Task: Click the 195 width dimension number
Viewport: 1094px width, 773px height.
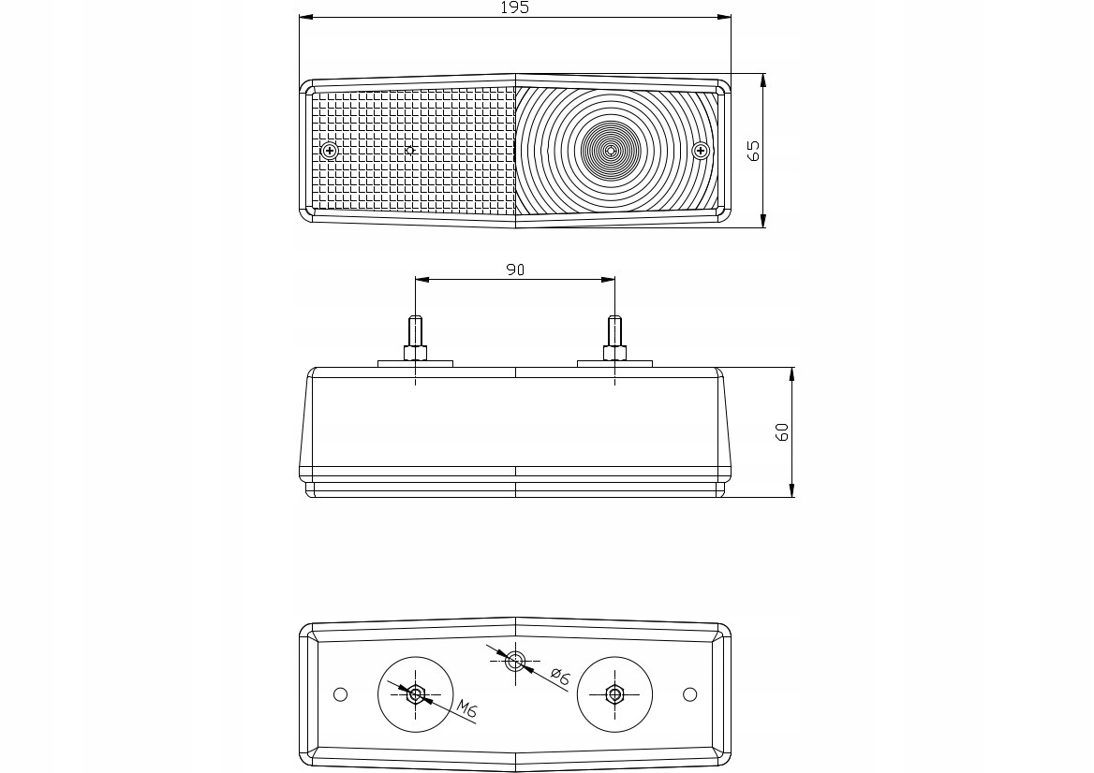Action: [x=514, y=7]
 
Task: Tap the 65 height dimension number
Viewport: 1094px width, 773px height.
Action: [x=753, y=151]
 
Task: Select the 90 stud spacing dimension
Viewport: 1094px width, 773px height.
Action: [x=514, y=270]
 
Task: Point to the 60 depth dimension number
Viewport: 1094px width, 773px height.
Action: [x=782, y=431]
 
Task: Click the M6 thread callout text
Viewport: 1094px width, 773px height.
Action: [x=466, y=710]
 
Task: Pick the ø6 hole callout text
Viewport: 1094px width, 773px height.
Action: [x=559, y=677]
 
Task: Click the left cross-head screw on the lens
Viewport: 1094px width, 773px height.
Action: [x=329, y=151]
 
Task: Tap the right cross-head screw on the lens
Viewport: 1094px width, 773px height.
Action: [x=700, y=150]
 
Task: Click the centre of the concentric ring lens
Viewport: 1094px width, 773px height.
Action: [x=611, y=150]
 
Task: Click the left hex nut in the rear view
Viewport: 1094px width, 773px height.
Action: [x=416, y=693]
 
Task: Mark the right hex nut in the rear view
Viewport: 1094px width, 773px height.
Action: [x=614, y=693]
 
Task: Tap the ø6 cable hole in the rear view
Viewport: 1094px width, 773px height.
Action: [x=515, y=662]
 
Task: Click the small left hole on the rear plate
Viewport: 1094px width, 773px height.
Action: [x=341, y=693]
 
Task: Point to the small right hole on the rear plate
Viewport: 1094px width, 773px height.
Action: [x=690, y=693]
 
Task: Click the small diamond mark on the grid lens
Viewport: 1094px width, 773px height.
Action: [x=408, y=150]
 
